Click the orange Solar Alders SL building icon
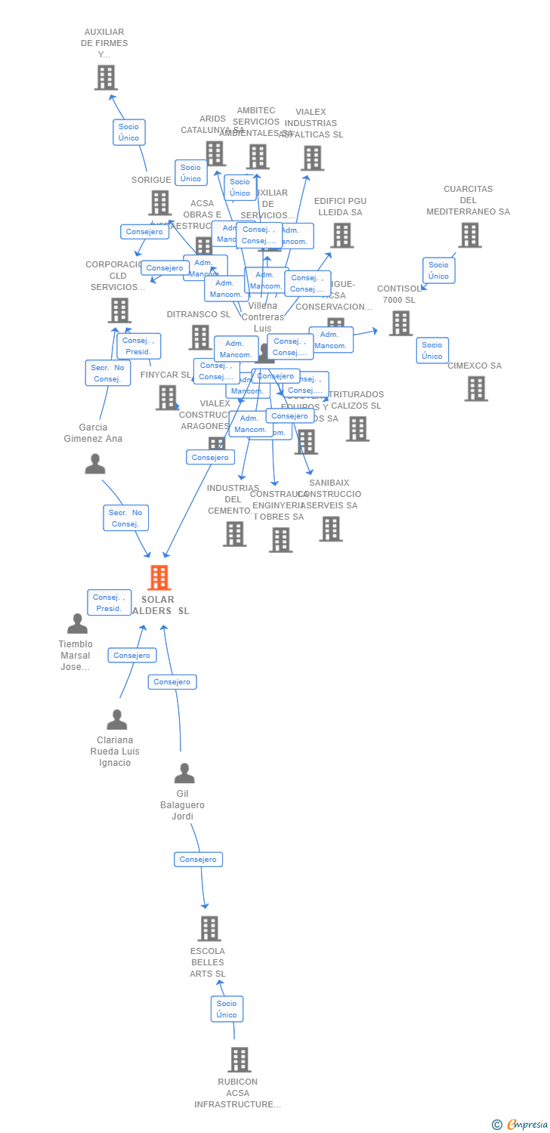[x=159, y=578]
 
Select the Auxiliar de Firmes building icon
[x=106, y=77]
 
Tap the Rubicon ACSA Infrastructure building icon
[x=239, y=1060]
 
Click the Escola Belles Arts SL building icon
[x=209, y=928]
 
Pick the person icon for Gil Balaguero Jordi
[x=184, y=773]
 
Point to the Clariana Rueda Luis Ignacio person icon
[x=117, y=720]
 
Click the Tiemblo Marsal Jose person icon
[x=77, y=624]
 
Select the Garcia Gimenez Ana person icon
[x=95, y=464]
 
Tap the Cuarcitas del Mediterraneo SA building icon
[x=470, y=235]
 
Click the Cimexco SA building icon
[x=476, y=388]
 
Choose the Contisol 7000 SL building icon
[x=400, y=323]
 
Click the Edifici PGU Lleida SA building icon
[x=341, y=235]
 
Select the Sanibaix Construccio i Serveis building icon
[x=331, y=529]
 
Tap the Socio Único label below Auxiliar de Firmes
[x=129, y=132]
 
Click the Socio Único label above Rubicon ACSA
[x=227, y=1009]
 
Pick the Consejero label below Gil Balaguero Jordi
[x=198, y=860]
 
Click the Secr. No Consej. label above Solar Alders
[x=126, y=518]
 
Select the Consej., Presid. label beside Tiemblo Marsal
[x=109, y=603]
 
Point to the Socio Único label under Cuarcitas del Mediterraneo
[x=438, y=270]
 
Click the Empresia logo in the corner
[x=521, y=1125]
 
